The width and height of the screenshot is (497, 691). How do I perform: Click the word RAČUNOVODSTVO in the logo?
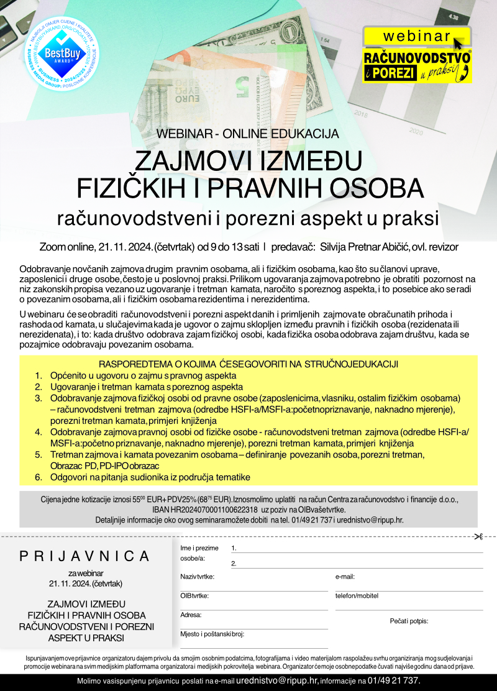point(417,58)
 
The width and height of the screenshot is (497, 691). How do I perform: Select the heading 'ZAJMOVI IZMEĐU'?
point(248,162)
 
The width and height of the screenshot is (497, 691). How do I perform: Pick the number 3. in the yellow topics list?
point(39,398)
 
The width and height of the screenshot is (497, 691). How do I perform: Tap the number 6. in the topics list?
point(39,477)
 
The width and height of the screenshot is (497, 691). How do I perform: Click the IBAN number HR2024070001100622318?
point(205,508)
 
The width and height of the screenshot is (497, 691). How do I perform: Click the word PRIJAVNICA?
point(84,556)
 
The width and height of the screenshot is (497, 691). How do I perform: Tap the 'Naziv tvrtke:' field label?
point(197,577)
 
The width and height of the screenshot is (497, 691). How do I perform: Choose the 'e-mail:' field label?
point(345,577)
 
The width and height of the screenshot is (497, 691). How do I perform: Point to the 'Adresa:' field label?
point(191,615)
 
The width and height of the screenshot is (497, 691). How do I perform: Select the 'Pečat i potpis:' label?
point(409,621)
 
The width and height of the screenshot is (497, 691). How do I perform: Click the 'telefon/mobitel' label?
point(357,596)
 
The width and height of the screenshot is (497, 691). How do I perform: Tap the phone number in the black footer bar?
point(394,681)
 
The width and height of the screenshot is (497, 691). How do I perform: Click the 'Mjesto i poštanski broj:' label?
point(212,634)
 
